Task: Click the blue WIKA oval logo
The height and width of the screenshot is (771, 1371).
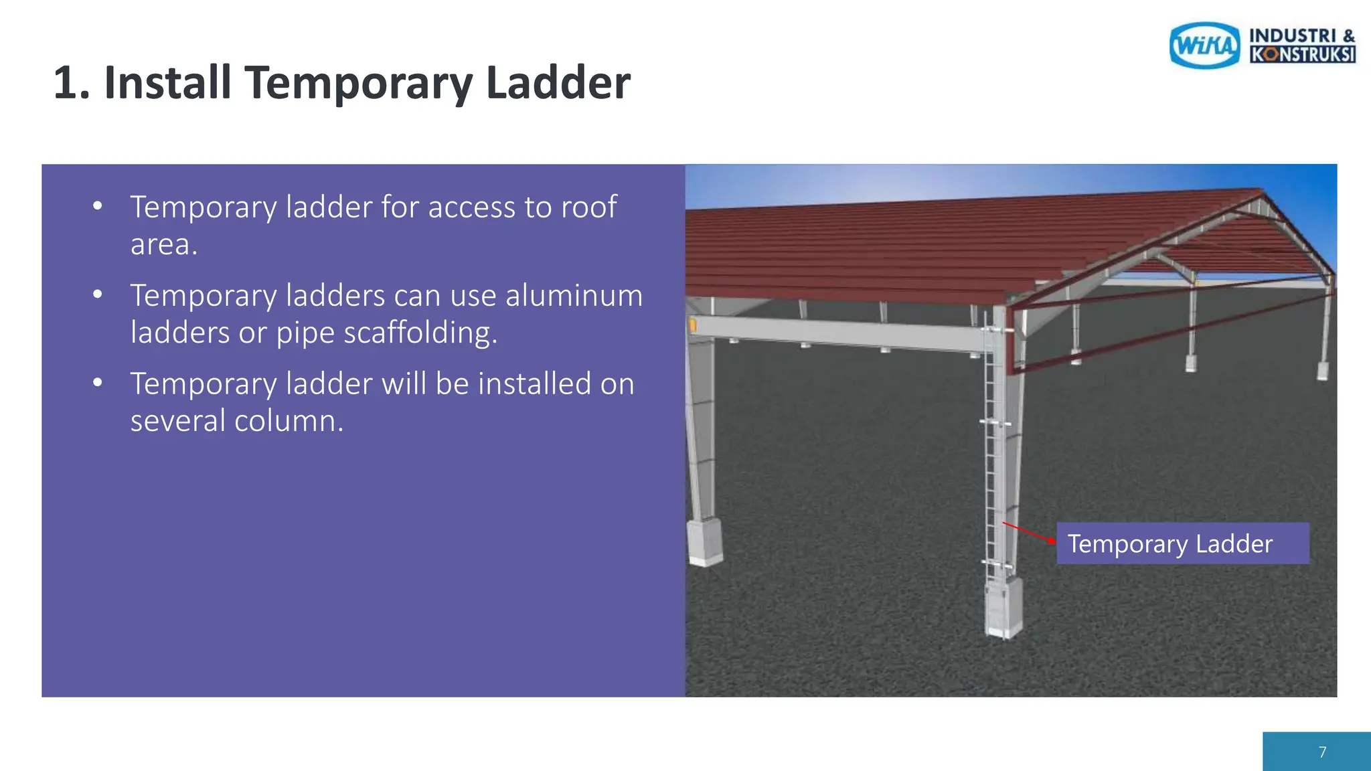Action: pos(1204,46)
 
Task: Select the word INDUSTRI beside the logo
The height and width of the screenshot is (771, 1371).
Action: pos(1293,35)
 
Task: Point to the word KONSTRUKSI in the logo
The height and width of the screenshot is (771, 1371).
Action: pos(1303,54)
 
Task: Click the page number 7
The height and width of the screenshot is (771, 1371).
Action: pos(1322,752)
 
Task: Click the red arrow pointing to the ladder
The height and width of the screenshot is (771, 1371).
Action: pos(1028,533)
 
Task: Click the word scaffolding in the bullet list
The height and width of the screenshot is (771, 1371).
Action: pos(420,333)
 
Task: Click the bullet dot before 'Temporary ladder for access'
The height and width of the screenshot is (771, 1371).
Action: pos(98,207)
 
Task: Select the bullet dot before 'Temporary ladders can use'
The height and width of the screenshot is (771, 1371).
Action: pos(98,295)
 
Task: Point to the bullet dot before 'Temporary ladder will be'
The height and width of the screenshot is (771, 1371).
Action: pos(98,383)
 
